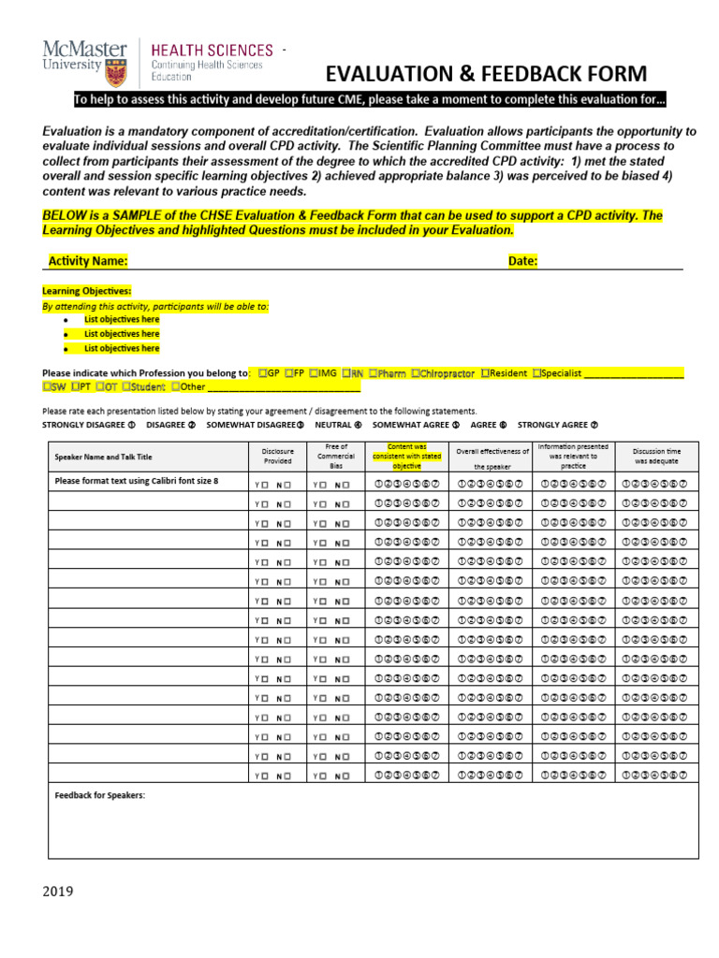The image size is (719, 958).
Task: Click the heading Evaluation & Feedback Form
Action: (x=485, y=74)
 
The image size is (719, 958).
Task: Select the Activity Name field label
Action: (x=88, y=261)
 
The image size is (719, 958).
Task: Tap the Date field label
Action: (x=522, y=261)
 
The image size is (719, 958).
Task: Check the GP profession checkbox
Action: (x=263, y=372)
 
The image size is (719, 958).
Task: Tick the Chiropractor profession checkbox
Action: (x=415, y=372)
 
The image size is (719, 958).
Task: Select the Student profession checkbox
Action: (x=125, y=386)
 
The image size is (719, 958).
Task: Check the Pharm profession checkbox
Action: (x=373, y=372)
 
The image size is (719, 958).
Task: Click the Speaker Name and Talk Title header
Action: (x=103, y=457)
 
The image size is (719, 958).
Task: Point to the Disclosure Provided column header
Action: (x=277, y=456)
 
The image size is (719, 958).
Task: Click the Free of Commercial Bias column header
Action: (x=336, y=456)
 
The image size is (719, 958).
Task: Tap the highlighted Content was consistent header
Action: (x=406, y=456)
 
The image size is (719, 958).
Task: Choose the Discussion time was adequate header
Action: (x=656, y=456)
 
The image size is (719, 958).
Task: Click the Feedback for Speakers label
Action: (x=100, y=795)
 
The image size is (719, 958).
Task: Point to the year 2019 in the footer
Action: (x=58, y=891)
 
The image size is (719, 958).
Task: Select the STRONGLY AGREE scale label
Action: (x=552, y=424)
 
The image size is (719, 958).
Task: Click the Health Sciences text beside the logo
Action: (x=213, y=50)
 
